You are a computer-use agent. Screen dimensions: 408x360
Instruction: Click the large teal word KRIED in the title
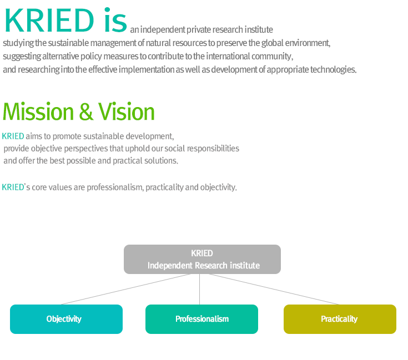(49, 21)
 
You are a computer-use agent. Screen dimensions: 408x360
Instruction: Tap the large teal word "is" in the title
(115, 20)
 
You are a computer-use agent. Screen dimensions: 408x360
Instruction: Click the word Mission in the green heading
(38, 111)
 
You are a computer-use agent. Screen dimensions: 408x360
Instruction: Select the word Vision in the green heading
(126, 111)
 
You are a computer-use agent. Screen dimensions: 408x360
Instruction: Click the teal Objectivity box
(67, 319)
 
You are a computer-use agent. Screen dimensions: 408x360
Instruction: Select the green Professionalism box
(202, 319)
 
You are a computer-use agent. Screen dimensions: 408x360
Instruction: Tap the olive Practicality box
(340, 319)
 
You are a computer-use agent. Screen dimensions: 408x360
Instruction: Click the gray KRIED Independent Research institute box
(202, 259)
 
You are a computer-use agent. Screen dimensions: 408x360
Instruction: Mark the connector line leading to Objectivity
(125, 289)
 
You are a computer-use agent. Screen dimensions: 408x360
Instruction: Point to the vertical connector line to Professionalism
(200, 290)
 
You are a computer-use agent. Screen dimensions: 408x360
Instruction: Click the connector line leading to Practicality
(274, 289)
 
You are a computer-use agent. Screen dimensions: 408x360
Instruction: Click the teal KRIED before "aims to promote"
(13, 136)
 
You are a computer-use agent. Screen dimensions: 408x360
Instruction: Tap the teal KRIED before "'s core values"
(13, 187)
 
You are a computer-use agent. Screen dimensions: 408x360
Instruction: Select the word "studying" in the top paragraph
(18, 43)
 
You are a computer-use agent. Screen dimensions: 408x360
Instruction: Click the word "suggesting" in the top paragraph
(22, 57)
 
